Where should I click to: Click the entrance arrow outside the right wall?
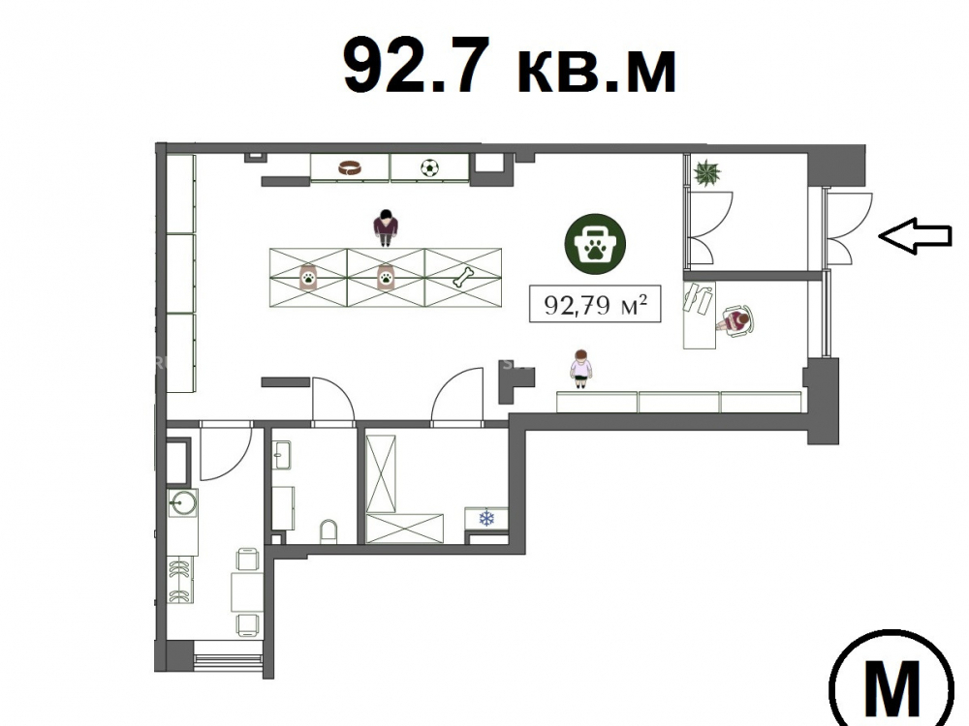(915, 236)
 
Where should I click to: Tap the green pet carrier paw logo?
(595, 245)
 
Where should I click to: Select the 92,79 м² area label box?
(595, 304)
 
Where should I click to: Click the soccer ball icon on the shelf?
(429, 167)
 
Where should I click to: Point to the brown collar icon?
(350, 167)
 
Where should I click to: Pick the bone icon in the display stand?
(463, 277)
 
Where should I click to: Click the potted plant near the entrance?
(707, 173)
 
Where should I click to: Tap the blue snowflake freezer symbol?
(487, 517)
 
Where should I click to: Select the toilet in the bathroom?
(328, 531)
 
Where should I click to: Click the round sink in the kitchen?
(183, 503)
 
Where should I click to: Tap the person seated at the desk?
(735, 321)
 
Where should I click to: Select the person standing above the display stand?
(386, 227)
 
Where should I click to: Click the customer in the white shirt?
(580, 369)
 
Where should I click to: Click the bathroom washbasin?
(282, 455)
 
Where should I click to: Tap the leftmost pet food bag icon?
(308, 278)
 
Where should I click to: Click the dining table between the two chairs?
(247, 592)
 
